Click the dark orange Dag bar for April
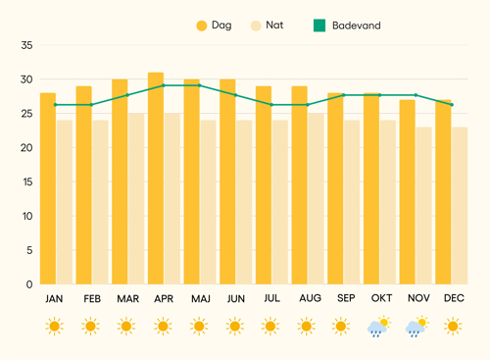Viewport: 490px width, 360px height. pyautogui.click(x=156, y=179)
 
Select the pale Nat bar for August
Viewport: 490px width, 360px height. pyautogui.click(x=316, y=199)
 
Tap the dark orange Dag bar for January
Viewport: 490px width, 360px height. pyautogui.click(x=48, y=188)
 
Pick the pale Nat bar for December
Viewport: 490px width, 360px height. pyautogui.click(x=460, y=206)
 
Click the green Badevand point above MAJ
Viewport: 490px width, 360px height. pyautogui.click(x=199, y=85)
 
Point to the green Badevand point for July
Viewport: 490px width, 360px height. pyautogui.click(x=271, y=105)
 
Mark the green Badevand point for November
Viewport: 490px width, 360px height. pyautogui.click(x=416, y=95)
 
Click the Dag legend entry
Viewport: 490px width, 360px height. pyautogui.click(x=214, y=26)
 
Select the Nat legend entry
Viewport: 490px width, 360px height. pyautogui.click(x=267, y=26)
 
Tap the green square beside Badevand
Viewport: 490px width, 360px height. pyautogui.click(x=319, y=26)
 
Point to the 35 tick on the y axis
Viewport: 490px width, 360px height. pyautogui.click(x=26, y=45)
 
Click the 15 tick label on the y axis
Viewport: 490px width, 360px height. pyautogui.click(x=27, y=181)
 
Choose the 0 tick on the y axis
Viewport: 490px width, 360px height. pyautogui.click(x=29, y=284)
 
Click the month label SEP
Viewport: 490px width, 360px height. pyautogui.click(x=346, y=298)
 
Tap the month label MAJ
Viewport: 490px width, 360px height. pyautogui.click(x=201, y=298)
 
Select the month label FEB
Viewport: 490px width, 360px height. pyautogui.click(x=92, y=298)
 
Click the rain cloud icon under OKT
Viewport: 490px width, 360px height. pyautogui.click(x=379, y=327)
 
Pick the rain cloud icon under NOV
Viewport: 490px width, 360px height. pyautogui.click(x=417, y=327)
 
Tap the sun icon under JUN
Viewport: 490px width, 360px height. pyautogui.click(x=235, y=326)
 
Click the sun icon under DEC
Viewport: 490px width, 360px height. pyautogui.click(x=453, y=326)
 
